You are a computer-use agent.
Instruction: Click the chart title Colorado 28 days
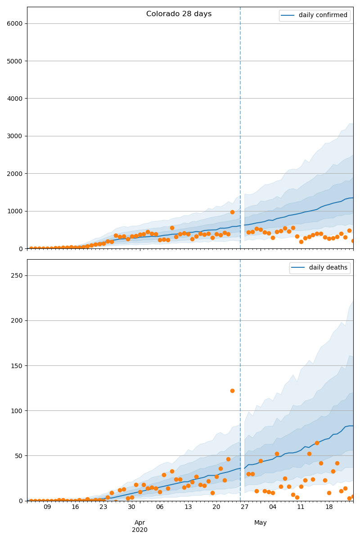pyautogui.click(x=179, y=14)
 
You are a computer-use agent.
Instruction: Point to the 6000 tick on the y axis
pyautogui.click(x=14, y=23)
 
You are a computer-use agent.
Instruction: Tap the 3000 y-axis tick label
pyautogui.click(x=14, y=136)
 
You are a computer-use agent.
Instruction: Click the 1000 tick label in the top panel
pyautogui.click(x=14, y=211)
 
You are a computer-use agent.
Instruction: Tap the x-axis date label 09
pyautogui.click(x=47, y=507)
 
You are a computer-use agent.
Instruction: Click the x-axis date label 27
pyautogui.click(x=244, y=507)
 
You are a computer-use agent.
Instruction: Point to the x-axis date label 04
pyautogui.click(x=273, y=507)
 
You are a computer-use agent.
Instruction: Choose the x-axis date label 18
pyautogui.click(x=329, y=507)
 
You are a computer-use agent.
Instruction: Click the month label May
pyautogui.click(x=261, y=522)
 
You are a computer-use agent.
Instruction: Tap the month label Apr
pyautogui.click(x=139, y=522)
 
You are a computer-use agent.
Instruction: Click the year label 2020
pyautogui.click(x=139, y=530)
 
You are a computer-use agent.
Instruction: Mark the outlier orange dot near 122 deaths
pyautogui.click(x=232, y=391)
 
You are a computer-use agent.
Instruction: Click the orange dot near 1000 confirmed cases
pyautogui.click(x=232, y=212)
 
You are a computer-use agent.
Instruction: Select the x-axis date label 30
pyautogui.click(x=131, y=507)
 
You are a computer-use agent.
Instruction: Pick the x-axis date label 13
pyautogui.click(x=188, y=507)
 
